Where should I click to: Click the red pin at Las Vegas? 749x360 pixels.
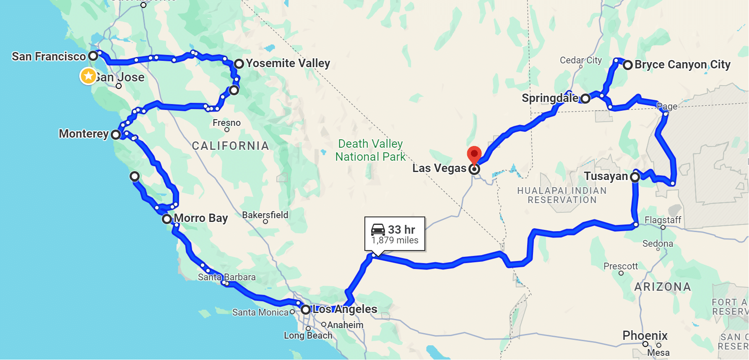click(474, 154)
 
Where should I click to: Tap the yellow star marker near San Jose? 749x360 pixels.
click(88, 76)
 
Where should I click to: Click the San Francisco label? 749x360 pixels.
click(49, 56)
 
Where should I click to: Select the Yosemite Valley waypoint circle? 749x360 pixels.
click(239, 64)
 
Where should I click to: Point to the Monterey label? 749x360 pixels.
click(83, 134)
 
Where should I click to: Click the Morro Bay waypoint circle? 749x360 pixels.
click(167, 219)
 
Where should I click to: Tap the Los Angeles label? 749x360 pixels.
click(345, 309)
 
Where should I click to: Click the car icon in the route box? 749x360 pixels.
click(378, 230)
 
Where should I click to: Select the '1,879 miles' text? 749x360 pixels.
click(395, 240)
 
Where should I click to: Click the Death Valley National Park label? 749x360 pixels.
click(370, 150)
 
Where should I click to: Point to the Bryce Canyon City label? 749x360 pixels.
click(682, 65)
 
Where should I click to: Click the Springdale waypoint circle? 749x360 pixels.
click(585, 99)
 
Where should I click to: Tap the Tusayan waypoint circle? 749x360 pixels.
click(635, 177)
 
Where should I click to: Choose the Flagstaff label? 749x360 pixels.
click(663, 220)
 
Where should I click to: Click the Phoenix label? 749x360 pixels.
click(645, 336)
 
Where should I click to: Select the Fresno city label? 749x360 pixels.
click(226, 123)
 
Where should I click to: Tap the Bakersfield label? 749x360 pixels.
click(265, 215)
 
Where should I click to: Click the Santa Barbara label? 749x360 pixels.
click(226, 277)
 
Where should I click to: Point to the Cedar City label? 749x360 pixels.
click(580, 60)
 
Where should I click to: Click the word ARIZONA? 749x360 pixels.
click(662, 287)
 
